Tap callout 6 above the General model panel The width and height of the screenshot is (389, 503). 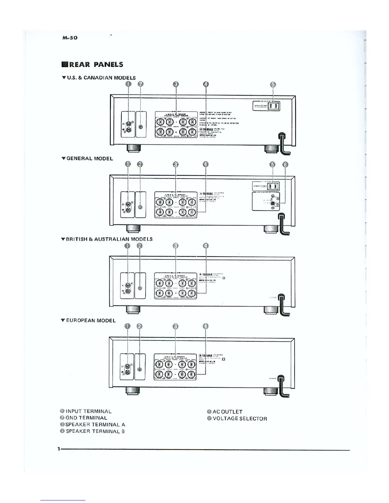(285, 164)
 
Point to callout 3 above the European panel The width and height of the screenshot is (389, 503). (176, 326)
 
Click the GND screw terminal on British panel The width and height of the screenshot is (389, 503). (140, 288)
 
